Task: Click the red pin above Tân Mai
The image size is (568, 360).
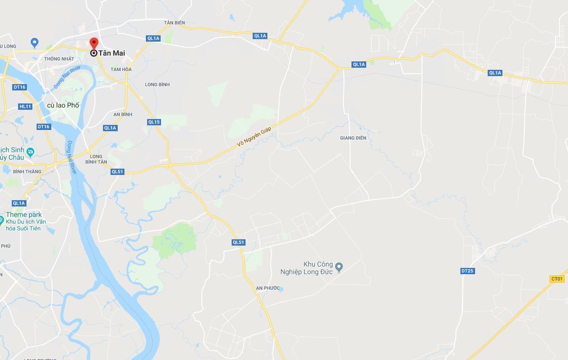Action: pos(94,43)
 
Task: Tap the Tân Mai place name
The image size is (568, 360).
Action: pos(111,53)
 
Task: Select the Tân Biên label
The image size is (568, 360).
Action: pos(174,23)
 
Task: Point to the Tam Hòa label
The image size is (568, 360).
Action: pos(121,69)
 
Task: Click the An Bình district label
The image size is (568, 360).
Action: pos(123,114)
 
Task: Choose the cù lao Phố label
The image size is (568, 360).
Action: pos(63,105)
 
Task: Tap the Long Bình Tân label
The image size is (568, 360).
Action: pos(96,159)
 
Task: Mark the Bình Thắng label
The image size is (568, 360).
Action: pos(27,172)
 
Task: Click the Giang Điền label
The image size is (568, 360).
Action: pos(353,138)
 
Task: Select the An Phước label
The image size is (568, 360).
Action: pos(268,288)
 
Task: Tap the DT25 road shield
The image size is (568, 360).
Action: pos(467,271)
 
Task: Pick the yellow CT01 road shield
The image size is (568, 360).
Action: pos(557,279)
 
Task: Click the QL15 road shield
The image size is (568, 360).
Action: pos(154,122)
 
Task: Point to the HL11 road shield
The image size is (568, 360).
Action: pos(25,106)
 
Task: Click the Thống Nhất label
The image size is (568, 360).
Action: pos(59,59)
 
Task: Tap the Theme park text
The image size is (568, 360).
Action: pos(24,215)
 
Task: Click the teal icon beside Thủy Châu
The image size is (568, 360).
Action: pos(30,152)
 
